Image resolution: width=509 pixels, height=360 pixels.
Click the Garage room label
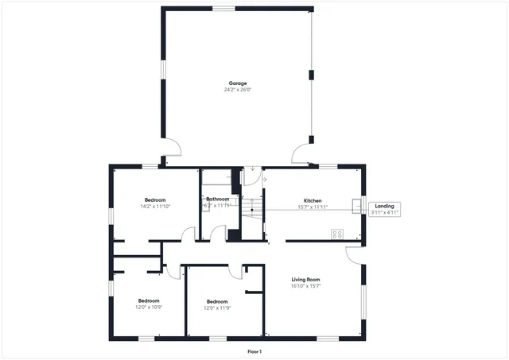click(238, 83)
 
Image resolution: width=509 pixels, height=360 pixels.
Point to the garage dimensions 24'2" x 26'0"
click(238, 90)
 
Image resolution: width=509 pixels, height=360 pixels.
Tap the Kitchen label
click(312, 200)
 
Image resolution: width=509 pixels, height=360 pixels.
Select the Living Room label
click(305, 280)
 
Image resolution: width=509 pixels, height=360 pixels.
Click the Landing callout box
click(384, 209)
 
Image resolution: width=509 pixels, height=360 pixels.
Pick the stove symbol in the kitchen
click(336, 234)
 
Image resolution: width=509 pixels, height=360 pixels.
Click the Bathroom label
click(217, 199)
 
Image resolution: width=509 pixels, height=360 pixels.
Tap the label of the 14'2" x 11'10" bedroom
click(155, 199)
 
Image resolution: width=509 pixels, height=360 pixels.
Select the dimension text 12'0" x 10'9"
click(149, 308)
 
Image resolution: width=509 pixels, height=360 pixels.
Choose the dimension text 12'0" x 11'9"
click(217, 308)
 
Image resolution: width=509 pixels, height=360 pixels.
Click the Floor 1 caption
click(254, 351)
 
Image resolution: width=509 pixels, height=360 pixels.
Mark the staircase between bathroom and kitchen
click(251, 211)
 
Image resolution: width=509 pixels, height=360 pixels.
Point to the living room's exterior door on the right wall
click(354, 254)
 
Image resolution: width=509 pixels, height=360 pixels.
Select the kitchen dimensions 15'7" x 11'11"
click(312, 207)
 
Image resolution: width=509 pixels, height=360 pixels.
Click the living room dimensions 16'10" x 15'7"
click(305, 286)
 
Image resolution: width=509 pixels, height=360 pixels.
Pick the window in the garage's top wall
click(223, 8)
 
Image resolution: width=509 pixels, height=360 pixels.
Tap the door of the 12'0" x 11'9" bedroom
click(236, 271)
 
